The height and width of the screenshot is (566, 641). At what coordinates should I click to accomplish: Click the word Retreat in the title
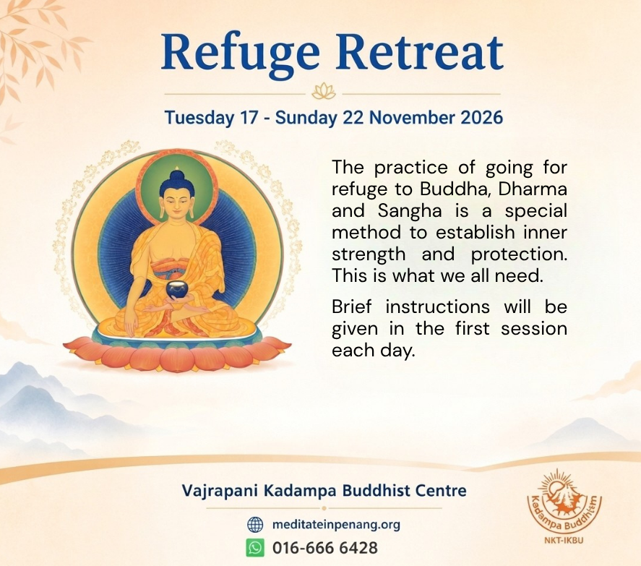point(420,53)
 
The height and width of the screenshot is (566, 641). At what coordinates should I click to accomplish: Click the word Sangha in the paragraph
point(410,211)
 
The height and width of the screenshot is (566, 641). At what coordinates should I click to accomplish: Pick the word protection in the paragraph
point(519,254)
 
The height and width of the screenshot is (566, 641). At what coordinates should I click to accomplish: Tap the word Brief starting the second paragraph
point(351,306)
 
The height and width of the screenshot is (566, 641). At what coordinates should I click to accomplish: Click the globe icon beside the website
point(255,524)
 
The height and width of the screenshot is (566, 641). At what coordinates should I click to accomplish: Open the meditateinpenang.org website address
point(336,525)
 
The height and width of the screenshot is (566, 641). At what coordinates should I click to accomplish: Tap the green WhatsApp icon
point(255,547)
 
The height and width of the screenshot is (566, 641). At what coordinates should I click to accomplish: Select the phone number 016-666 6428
point(325,548)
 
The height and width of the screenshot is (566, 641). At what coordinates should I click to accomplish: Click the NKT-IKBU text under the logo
point(564,540)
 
